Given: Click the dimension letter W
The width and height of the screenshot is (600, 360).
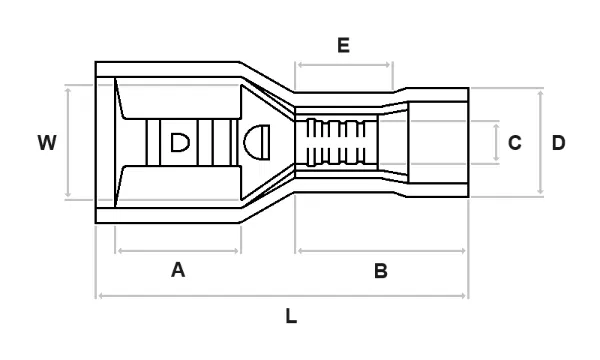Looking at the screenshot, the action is tap(47, 142).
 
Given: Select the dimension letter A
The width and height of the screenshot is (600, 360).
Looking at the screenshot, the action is tap(178, 270).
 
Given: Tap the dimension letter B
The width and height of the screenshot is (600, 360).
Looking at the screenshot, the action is tap(381, 271).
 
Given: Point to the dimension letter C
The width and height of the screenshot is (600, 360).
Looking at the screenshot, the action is tap(515, 143).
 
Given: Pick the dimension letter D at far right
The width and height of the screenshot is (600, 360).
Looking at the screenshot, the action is tap(558, 143).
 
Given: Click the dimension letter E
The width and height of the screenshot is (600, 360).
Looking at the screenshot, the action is tap(344, 45).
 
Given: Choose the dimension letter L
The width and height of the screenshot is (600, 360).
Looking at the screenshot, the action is tap(291, 316).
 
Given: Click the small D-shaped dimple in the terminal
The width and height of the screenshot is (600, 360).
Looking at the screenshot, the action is tap(180, 142).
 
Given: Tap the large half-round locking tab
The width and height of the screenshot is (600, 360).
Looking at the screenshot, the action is tap(257, 142).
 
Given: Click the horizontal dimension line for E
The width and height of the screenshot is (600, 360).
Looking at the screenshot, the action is tap(344, 65).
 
